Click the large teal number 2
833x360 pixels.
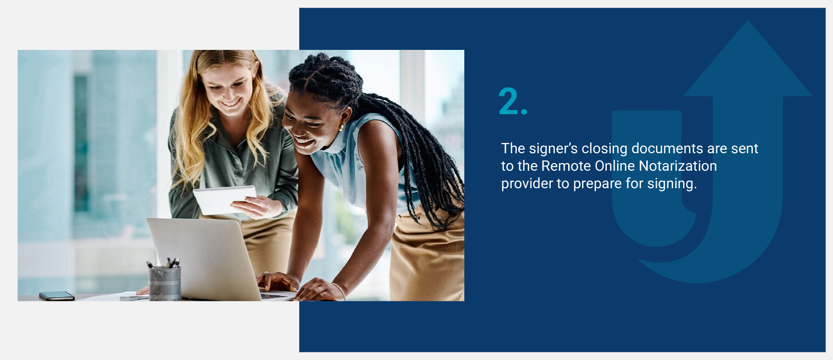(x=509, y=101)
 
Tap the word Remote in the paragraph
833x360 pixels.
(x=566, y=166)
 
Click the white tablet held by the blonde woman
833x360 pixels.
(x=225, y=200)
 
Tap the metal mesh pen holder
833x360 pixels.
(x=165, y=283)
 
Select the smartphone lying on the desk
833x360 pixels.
(x=57, y=296)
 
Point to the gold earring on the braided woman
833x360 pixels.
(x=340, y=128)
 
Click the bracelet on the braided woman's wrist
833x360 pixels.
(x=339, y=291)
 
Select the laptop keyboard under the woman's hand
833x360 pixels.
(x=274, y=296)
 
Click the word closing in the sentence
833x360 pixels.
(x=604, y=149)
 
